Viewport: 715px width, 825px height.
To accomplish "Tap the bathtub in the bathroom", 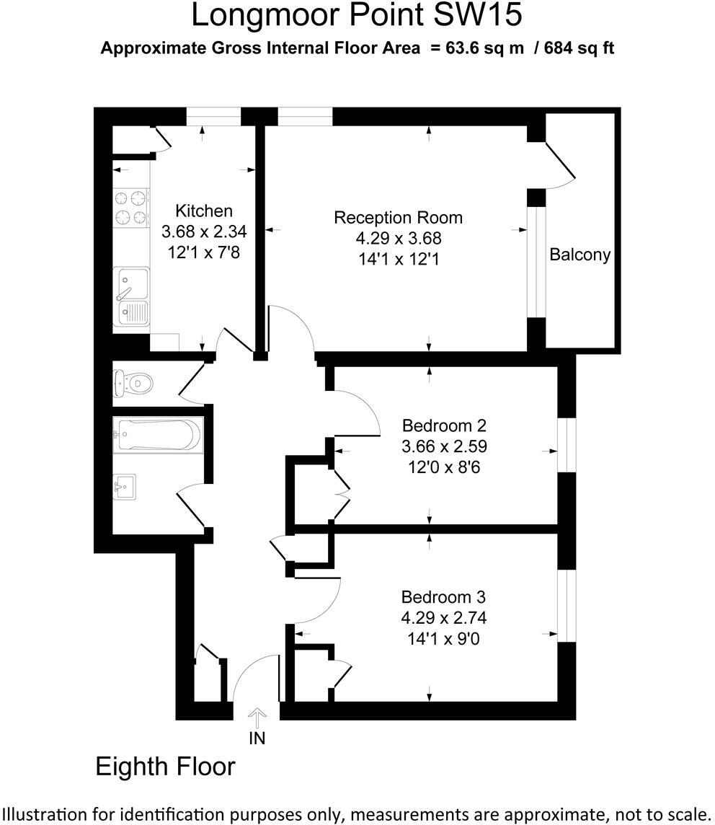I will [x=157, y=436].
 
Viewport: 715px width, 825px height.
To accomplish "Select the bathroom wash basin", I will [x=125, y=487].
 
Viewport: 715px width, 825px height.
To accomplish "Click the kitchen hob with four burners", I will [x=130, y=206].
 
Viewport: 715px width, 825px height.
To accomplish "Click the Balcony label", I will [x=579, y=254].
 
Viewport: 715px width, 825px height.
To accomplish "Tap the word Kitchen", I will [x=204, y=211].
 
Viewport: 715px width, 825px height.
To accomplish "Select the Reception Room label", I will [x=398, y=217].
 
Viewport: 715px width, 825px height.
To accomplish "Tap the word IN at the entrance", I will [x=257, y=738].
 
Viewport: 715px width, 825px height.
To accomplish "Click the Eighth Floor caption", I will [x=165, y=766].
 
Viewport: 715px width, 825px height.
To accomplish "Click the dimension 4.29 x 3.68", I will [x=398, y=238].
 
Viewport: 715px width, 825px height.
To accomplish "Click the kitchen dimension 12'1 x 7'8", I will [x=204, y=252].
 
